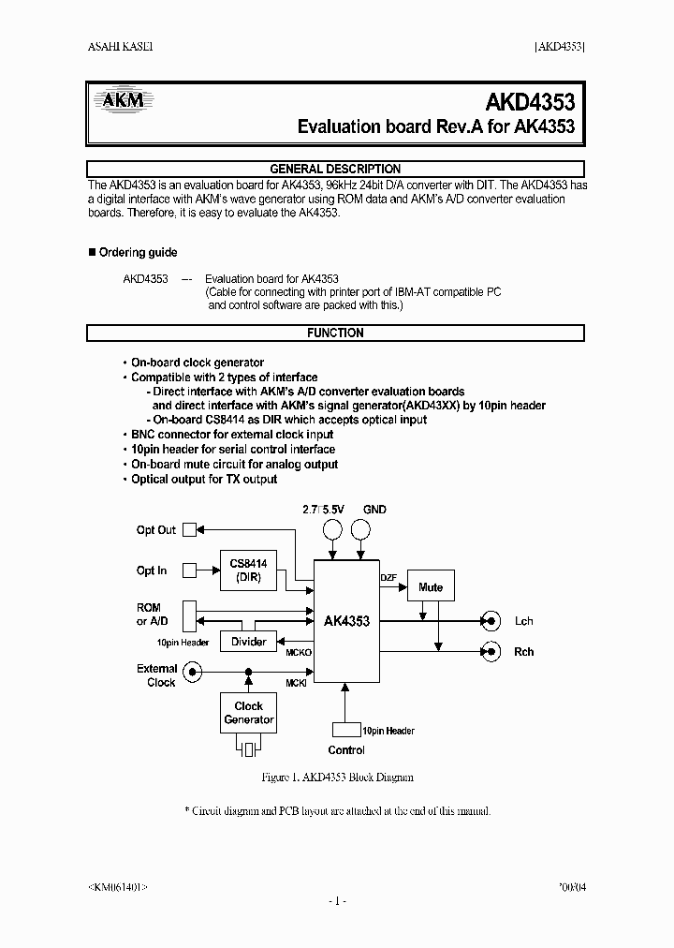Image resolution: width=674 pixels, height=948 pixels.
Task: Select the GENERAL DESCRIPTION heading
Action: point(335,169)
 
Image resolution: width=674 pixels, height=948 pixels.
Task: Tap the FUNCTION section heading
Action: point(335,333)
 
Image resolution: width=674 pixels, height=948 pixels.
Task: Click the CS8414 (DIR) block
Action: point(248,570)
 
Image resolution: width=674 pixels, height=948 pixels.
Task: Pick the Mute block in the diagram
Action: point(431,587)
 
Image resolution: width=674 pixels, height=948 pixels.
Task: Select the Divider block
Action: point(248,642)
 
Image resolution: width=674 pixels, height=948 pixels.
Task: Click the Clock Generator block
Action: point(248,713)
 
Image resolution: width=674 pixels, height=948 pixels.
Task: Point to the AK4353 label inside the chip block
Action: point(346,621)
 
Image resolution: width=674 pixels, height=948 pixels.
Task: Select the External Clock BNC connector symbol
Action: point(193,671)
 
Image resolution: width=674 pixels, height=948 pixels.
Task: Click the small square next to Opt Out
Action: point(190,529)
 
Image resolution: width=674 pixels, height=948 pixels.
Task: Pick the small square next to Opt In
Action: point(190,570)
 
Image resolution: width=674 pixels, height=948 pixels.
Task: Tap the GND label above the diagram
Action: point(374,510)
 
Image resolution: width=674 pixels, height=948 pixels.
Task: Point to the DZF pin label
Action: point(388,577)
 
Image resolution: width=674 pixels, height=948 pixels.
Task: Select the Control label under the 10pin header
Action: point(346,750)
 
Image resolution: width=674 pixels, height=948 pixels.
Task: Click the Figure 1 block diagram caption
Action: point(336,778)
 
